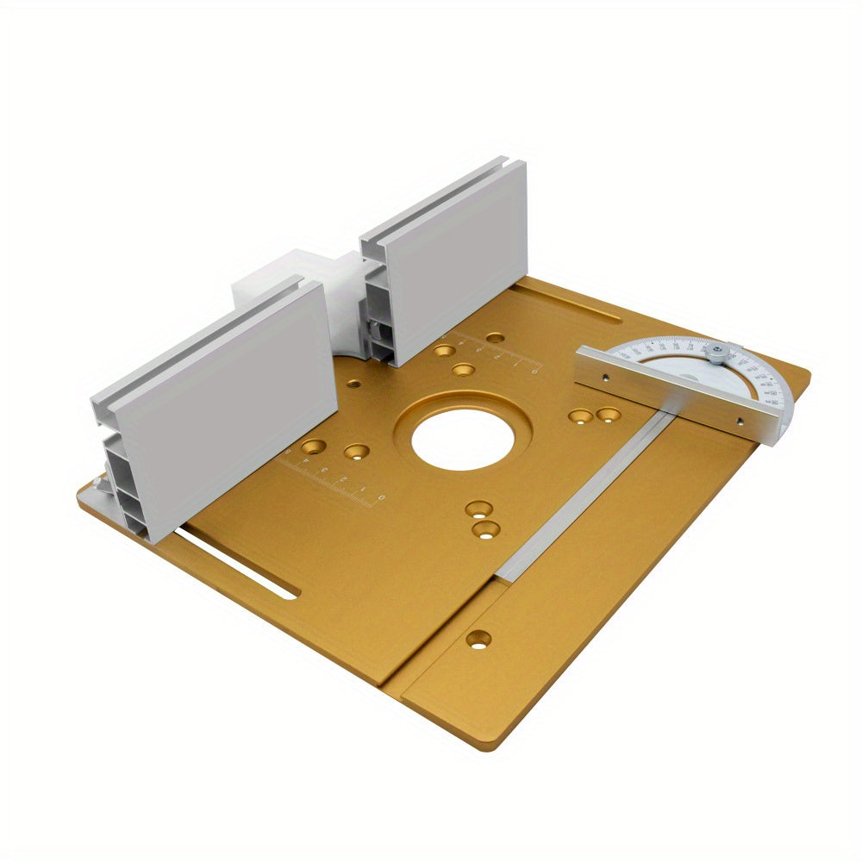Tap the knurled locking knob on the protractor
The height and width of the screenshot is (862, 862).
pos(715,353)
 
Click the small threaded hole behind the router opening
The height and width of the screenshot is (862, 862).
pos(352,382)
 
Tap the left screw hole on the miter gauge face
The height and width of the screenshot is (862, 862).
pos(607,377)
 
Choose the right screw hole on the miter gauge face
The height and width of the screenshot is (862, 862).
pos(739,422)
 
